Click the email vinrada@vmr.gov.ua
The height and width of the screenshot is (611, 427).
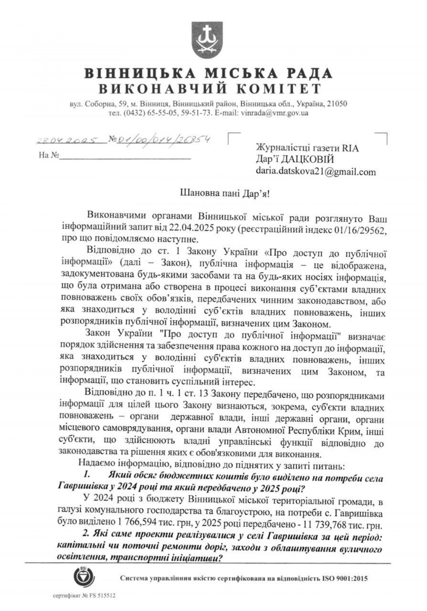click(274, 113)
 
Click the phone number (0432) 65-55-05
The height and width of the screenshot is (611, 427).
click(142, 113)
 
